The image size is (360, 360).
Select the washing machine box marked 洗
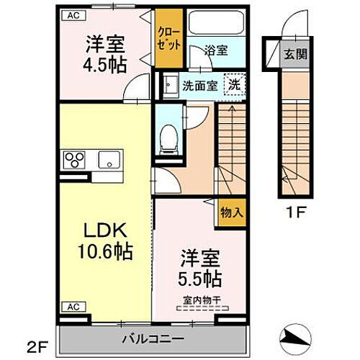pyautogui.click(x=235, y=84)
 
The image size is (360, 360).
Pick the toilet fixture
pyautogui.click(x=168, y=135)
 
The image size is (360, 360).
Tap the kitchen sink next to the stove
pyautogui.click(x=109, y=159)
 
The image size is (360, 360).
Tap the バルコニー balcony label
pyautogui.click(x=151, y=338)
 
